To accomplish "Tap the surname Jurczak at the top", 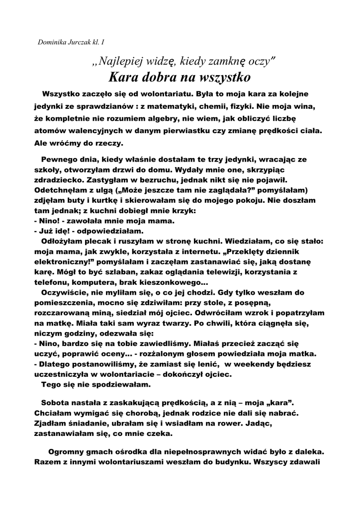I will tap(81, 41).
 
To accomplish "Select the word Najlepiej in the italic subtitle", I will tap(118, 61).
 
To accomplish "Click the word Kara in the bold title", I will tap(123, 78).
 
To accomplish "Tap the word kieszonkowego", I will tap(177, 282).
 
